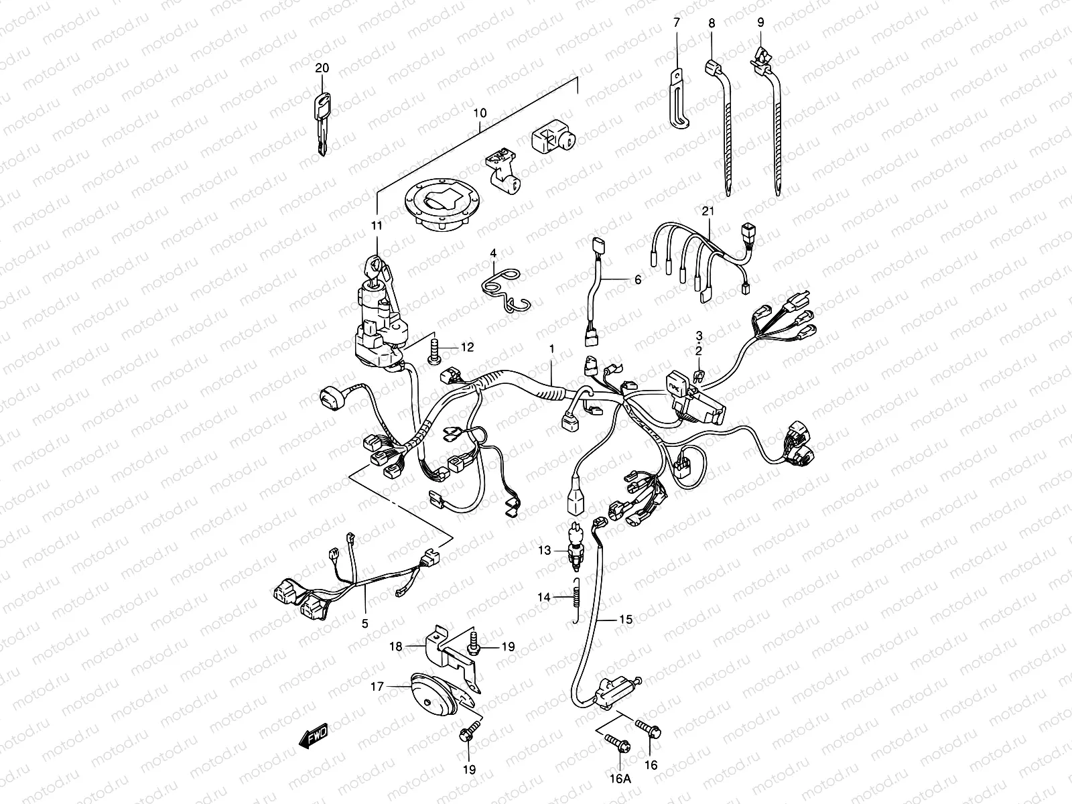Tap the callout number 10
point(498,113)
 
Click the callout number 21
point(709,212)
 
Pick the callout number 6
point(637,279)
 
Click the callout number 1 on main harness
point(552,349)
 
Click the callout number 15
point(625,620)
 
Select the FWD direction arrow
point(314,736)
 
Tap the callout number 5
point(365,624)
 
